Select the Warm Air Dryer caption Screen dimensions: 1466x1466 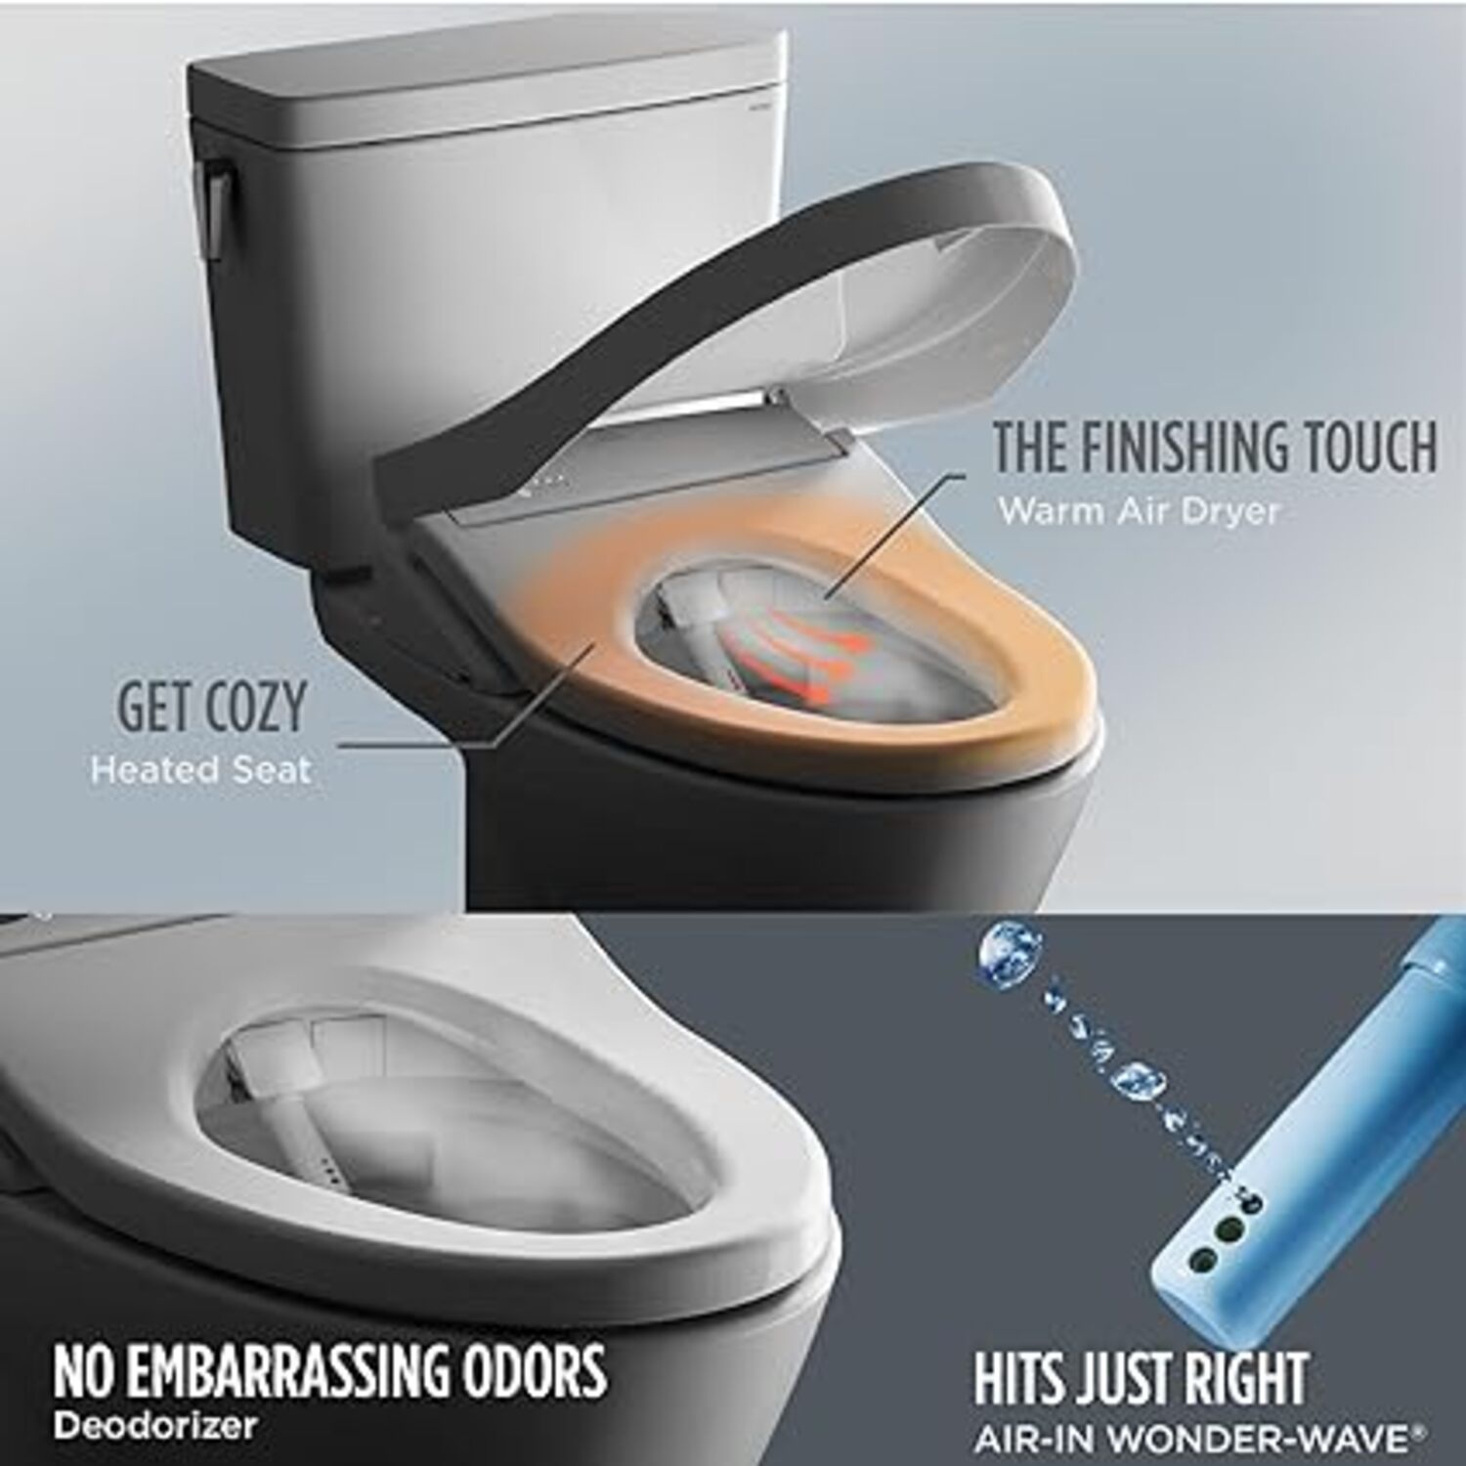tap(1139, 511)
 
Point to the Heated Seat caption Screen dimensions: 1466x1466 tap(200, 770)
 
